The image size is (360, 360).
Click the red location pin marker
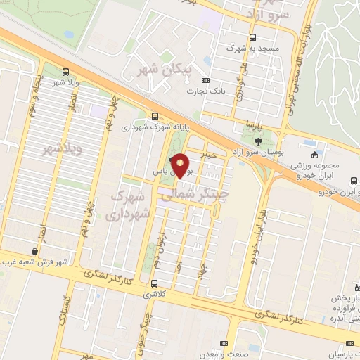(181, 165)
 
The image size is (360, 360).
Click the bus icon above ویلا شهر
(65, 72)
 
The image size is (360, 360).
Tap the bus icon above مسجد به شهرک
(252, 37)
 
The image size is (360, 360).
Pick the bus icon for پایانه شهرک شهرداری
(154, 117)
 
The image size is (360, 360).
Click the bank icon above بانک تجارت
(205, 81)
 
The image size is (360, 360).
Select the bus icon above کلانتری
(154, 283)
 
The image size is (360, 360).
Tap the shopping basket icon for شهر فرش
(34, 251)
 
